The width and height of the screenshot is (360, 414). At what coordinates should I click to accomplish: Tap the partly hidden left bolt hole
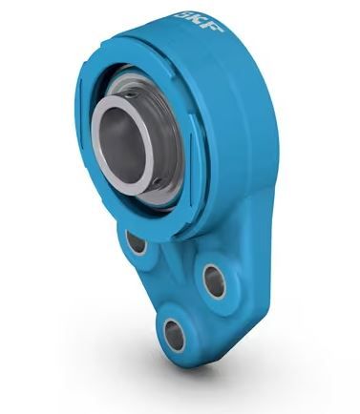[137, 241]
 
